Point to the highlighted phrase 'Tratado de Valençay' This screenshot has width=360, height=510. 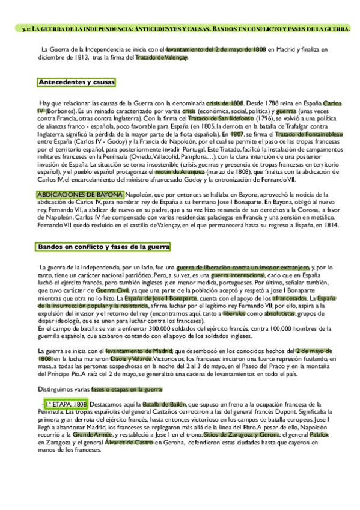coord(162,58)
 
